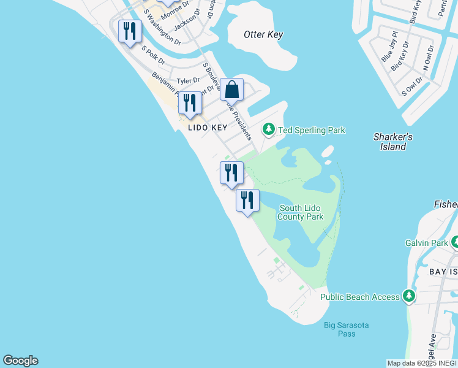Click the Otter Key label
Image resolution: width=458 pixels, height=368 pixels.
pos(263,34)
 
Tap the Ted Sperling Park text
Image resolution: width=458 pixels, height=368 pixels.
pos(312,130)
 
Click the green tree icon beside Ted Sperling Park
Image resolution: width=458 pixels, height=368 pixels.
pos(268,129)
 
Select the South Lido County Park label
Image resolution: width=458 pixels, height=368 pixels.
pos(300,213)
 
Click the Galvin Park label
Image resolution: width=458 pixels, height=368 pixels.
pos(427,243)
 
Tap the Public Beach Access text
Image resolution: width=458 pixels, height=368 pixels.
pos(360,297)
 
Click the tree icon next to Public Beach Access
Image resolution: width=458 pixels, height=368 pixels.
pos(408,297)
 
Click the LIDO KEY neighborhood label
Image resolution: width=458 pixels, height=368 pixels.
pos(208,128)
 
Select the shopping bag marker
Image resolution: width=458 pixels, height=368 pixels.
pos(232,90)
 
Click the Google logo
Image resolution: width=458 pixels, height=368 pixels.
pos(20,361)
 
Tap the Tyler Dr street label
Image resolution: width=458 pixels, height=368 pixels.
pos(188,81)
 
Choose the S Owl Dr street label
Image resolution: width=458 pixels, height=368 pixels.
pos(413,85)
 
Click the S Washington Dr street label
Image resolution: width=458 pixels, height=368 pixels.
pos(162,27)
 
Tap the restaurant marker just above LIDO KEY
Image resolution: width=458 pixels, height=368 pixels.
pos(190,104)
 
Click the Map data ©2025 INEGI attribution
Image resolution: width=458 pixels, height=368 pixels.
pos(422,363)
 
